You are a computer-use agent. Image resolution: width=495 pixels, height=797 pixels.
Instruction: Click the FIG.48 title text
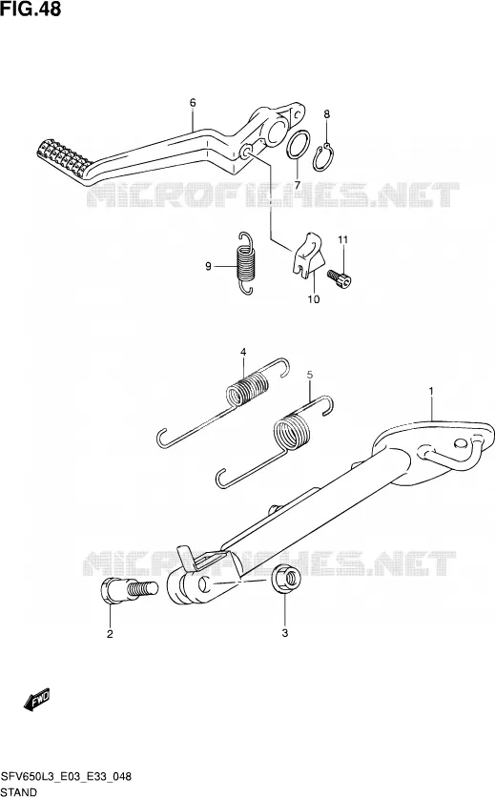point(31,9)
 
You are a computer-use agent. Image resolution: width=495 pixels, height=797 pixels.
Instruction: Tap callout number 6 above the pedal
point(193,103)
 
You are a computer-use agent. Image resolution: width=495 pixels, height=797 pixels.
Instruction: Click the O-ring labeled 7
point(298,144)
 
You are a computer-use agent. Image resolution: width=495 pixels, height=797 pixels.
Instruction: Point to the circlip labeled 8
point(323,158)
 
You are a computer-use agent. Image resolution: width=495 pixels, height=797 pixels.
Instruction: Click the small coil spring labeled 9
point(246,263)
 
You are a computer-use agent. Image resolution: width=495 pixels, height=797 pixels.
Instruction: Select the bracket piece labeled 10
point(308,255)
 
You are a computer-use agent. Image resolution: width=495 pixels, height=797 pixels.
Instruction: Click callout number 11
point(342,239)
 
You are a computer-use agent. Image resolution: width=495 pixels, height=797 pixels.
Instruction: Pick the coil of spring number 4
point(247,389)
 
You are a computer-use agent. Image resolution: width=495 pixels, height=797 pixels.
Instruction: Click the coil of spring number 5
point(292,432)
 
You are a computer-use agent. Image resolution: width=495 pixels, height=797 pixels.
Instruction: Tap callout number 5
point(310,375)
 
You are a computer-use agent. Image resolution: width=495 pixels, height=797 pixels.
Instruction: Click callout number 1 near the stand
point(431,391)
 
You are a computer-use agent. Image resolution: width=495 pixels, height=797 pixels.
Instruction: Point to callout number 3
point(285,633)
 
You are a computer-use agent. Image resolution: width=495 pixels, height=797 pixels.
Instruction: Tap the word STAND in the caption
point(19,792)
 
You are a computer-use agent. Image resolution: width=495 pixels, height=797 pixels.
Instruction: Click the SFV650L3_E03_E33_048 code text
point(67,777)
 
